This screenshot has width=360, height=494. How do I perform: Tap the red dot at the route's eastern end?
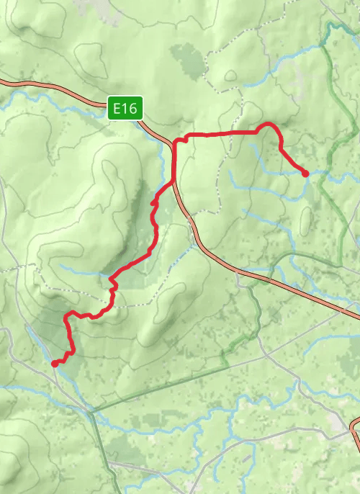(305, 173)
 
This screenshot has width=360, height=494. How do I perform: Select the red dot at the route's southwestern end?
(55, 364)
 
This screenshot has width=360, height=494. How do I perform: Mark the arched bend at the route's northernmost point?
(269, 125)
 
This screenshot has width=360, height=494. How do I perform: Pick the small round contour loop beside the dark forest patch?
(230, 75)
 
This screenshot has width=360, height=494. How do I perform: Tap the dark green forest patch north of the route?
(186, 58)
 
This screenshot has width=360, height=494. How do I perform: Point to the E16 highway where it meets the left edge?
(3, 82)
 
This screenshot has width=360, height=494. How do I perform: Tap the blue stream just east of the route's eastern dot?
(320, 173)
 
